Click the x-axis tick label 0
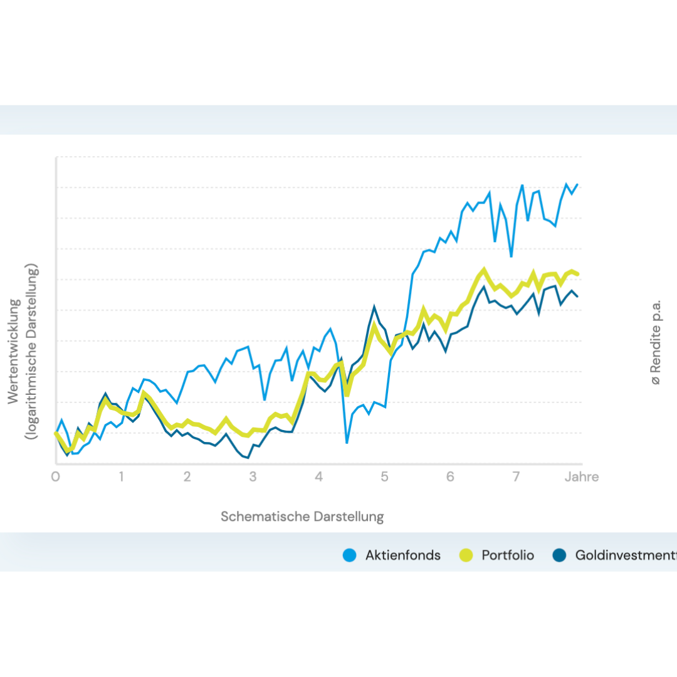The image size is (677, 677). coord(55,477)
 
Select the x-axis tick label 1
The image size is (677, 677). coord(121,477)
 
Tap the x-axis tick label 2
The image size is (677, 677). coord(187,477)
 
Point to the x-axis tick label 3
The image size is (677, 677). coord(253,477)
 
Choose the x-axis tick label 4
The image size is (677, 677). coord(318,477)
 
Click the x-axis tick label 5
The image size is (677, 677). coord(384,477)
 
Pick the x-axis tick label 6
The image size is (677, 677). coord(450,477)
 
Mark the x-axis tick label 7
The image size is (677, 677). coord(516,477)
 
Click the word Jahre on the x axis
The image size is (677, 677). coord(581,477)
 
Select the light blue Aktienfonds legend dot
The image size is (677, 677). coord(350,555)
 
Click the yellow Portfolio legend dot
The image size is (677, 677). coord(466,555)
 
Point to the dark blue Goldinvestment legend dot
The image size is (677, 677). coord(559,555)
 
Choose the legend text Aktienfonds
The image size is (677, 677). coord(403,555)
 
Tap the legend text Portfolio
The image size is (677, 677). coord(508,555)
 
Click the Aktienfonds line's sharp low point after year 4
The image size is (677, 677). coord(347,443)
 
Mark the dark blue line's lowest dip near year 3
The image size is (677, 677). coord(248,458)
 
